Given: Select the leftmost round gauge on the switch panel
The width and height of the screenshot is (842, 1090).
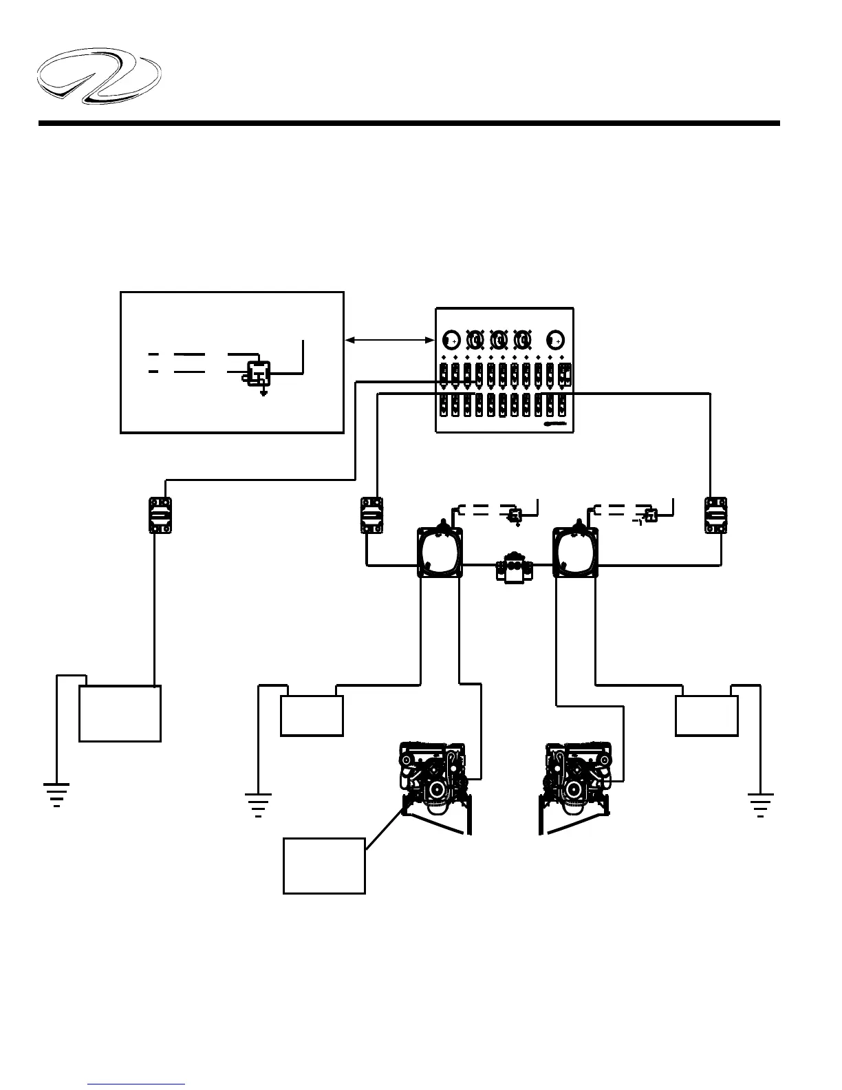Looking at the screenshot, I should [x=451, y=339].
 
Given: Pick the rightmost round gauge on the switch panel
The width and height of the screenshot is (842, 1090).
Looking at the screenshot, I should [x=556, y=339].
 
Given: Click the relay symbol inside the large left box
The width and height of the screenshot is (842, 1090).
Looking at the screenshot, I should [x=259, y=372].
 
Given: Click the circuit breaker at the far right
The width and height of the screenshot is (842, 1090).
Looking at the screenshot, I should [x=715, y=515].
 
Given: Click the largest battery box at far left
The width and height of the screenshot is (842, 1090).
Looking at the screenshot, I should [x=120, y=713].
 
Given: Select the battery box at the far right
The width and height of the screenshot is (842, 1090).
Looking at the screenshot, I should [x=706, y=716].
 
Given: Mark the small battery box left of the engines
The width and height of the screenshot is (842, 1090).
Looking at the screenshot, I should [x=312, y=716].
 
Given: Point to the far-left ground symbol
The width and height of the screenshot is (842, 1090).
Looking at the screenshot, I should [x=56, y=794].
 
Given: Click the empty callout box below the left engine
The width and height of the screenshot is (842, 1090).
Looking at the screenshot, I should [x=324, y=866].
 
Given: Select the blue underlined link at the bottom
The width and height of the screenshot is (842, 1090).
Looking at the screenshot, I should [x=136, y=1084].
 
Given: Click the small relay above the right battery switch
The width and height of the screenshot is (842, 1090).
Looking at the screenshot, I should [x=650, y=514].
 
